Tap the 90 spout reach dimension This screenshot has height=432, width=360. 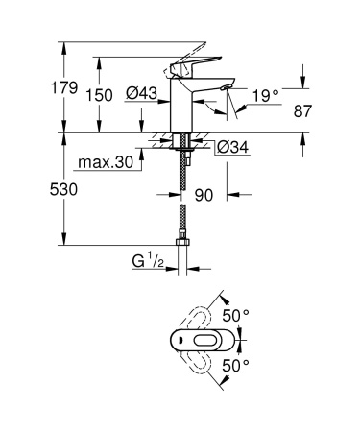click(203, 195)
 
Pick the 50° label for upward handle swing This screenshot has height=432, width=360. click(236, 314)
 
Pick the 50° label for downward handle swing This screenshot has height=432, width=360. click(236, 365)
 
